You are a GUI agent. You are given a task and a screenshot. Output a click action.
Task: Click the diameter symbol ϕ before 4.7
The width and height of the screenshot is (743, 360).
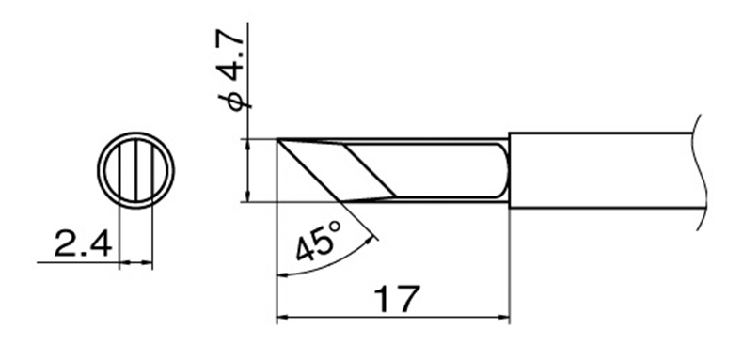235,101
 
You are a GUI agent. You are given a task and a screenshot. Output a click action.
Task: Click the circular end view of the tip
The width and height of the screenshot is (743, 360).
136,170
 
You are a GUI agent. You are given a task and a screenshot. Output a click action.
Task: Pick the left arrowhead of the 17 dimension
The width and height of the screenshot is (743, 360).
282,317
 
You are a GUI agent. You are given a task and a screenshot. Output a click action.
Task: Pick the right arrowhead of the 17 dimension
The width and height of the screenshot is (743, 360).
503,317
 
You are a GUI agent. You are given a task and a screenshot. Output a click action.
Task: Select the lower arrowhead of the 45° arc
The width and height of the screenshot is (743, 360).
282,274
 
